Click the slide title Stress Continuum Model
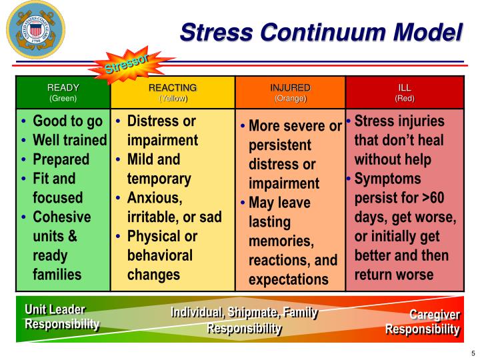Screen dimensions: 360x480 pos(321,31)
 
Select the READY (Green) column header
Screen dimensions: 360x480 pos(63,92)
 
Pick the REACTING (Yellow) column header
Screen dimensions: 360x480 pos(173,92)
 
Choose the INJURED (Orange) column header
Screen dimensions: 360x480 pos(290,92)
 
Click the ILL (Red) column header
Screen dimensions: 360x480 pos(405,92)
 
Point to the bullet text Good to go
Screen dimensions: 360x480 pos(67,121)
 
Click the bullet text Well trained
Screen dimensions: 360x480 pos(69,140)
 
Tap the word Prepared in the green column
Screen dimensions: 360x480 pos(61,159)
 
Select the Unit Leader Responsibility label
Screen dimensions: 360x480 pos(62,317)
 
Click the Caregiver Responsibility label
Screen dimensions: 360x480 pos(423,321)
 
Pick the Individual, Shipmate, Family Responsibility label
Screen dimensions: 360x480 pos(244,320)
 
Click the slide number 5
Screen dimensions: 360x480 pos(472,353)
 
